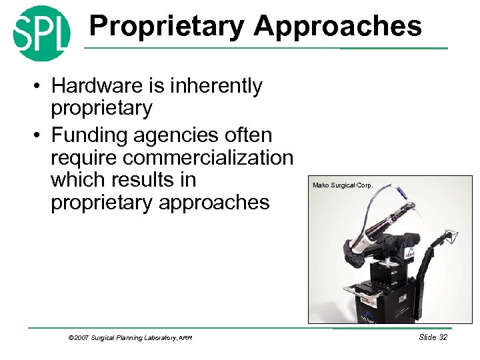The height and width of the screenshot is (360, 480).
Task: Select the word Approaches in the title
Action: coord(337,27)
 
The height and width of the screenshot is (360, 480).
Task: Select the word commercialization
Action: coord(172,158)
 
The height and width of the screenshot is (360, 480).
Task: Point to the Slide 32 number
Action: coord(433,337)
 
